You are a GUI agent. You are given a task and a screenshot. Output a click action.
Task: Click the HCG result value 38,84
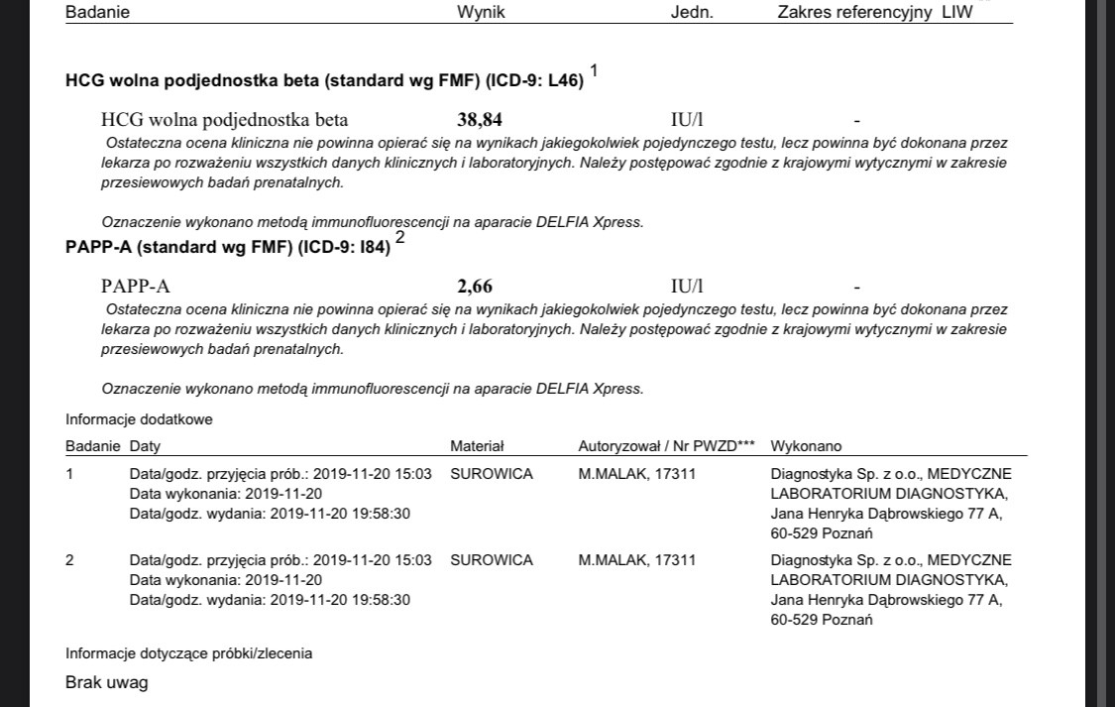pyautogui.click(x=480, y=121)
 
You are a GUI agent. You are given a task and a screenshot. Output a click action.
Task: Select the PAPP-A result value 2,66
pyautogui.click(x=475, y=287)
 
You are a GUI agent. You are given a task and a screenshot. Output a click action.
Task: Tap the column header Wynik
pyautogui.click(x=481, y=13)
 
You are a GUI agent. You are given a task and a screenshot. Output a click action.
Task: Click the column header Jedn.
pyautogui.click(x=692, y=13)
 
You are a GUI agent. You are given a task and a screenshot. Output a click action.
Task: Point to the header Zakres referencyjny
pyautogui.click(x=857, y=13)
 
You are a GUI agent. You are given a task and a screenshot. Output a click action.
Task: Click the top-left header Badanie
pyautogui.click(x=97, y=13)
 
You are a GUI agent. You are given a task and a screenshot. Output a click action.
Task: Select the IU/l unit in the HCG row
pyautogui.click(x=687, y=121)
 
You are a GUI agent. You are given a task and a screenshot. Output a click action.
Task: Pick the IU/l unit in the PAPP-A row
pyautogui.click(x=687, y=287)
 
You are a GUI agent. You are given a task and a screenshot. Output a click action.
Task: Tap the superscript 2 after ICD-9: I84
pyautogui.click(x=399, y=237)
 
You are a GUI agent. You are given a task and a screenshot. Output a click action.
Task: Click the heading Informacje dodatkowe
pyautogui.click(x=139, y=419)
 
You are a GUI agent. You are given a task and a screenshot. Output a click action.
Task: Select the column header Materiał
pyautogui.click(x=477, y=446)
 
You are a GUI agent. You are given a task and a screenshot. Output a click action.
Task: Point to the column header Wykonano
pyautogui.click(x=806, y=446)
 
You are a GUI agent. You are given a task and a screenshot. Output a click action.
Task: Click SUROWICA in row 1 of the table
pyautogui.click(x=492, y=474)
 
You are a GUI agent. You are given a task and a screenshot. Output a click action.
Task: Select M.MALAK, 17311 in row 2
pyautogui.click(x=636, y=560)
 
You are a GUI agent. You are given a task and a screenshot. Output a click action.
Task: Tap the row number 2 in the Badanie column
pyautogui.click(x=69, y=560)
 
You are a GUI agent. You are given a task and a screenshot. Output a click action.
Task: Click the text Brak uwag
pyautogui.click(x=106, y=682)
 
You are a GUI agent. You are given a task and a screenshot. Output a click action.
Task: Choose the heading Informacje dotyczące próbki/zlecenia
pyautogui.click(x=188, y=653)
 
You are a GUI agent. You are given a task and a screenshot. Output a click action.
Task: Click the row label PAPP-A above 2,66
pyautogui.click(x=135, y=287)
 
